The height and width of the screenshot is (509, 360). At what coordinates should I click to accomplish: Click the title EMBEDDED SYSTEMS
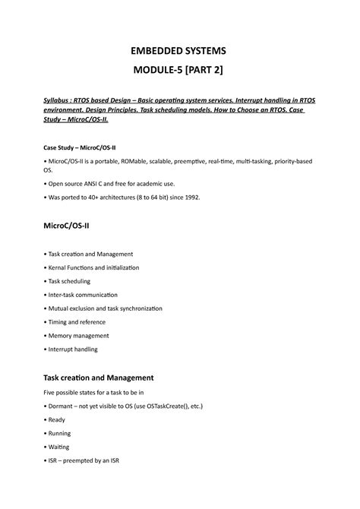coord(180,51)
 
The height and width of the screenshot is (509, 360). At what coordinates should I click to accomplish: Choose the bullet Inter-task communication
coord(90,295)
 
